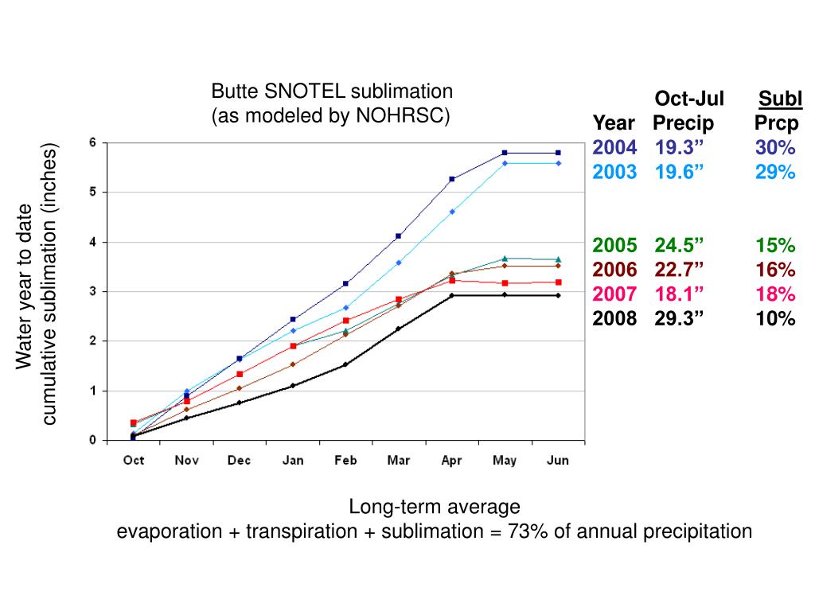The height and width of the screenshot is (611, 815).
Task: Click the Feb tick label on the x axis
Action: click(345, 461)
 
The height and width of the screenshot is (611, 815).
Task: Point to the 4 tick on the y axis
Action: click(92, 242)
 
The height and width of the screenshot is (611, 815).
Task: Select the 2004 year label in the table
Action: click(614, 147)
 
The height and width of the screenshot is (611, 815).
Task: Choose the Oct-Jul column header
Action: click(689, 99)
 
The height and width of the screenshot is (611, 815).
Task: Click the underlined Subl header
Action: click(780, 99)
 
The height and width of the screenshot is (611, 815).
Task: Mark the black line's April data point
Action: click(452, 295)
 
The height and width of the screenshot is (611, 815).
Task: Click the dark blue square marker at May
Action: click(505, 153)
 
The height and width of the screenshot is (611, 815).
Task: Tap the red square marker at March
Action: click(399, 299)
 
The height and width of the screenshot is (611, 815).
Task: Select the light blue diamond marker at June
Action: click(558, 163)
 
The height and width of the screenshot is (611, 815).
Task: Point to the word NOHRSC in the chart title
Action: click(403, 116)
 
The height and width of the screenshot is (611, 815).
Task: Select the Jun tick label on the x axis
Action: click(558, 461)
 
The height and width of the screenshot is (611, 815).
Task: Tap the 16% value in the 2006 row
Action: click(776, 269)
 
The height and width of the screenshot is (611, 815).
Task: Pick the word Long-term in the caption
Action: click(386, 508)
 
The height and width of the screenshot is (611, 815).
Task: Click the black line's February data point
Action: click(345, 364)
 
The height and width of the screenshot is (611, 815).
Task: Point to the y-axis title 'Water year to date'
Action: click(25, 286)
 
